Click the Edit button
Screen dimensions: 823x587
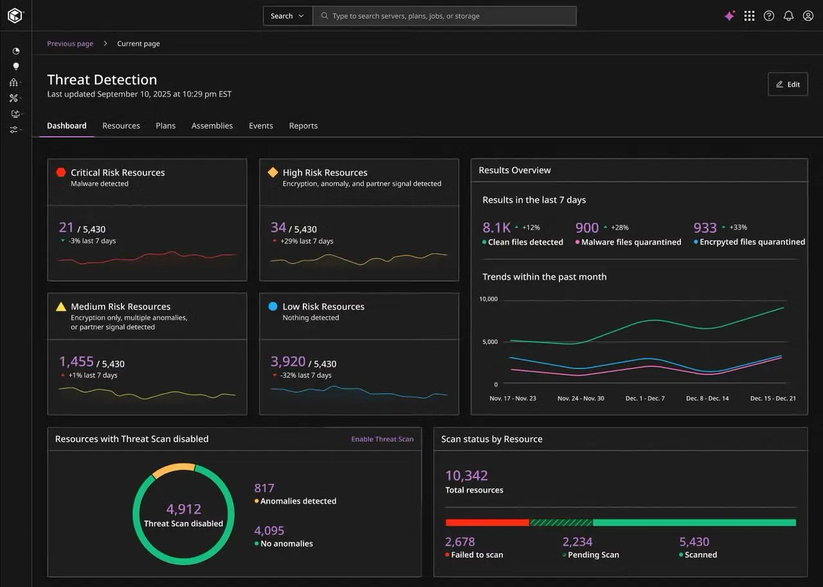point(788,84)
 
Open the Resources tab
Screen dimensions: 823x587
point(122,126)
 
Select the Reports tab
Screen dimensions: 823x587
point(303,126)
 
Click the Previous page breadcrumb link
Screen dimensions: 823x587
point(70,43)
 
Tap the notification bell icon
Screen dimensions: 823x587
point(788,16)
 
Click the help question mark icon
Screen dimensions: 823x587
point(769,16)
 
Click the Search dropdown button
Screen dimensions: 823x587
point(287,16)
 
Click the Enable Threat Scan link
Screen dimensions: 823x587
point(382,439)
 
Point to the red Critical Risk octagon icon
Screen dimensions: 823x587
point(61,172)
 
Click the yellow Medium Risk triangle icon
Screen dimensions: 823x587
point(61,306)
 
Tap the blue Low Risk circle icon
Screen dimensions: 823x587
point(273,306)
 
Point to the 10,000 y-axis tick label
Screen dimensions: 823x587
point(488,299)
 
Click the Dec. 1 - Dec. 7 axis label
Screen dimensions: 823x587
point(645,398)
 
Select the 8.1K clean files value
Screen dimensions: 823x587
point(496,228)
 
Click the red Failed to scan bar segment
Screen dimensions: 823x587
point(487,523)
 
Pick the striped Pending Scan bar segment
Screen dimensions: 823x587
point(561,523)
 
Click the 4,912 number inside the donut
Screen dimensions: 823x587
point(184,509)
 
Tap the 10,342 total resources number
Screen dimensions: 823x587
point(467,476)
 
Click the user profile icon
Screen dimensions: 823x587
point(808,16)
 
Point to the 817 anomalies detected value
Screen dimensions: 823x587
point(264,488)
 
